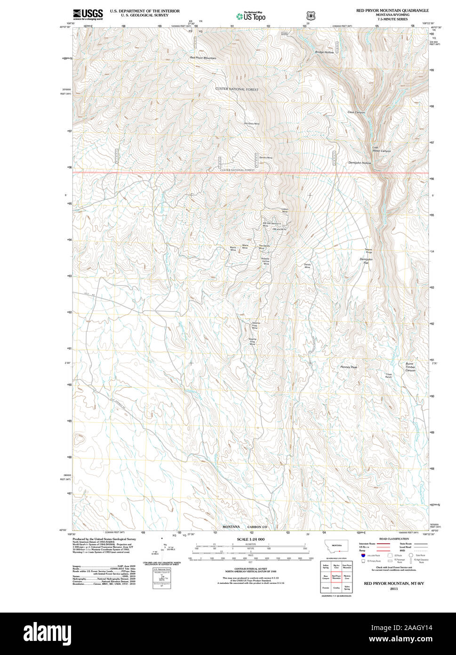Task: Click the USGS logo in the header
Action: click(88, 15)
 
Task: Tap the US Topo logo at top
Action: click(251, 16)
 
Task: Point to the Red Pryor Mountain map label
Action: click(203, 58)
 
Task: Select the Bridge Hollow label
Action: click(324, 52)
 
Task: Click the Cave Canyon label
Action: click(356, 112)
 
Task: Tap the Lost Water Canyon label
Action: click(381, 149)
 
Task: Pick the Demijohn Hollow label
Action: click(359, 163)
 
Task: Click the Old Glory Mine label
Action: click(251, 123)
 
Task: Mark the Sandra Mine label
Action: click(265, 157)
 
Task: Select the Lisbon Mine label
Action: click(285, 210)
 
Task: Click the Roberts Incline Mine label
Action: click(266, 261)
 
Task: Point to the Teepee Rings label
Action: click(368, 251)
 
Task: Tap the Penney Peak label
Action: click(349, 367)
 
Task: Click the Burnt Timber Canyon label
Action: click(410, 367)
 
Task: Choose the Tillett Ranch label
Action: click(388, 376)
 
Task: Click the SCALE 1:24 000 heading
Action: click(250, 539)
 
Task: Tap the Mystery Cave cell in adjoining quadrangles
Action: click(347, 576)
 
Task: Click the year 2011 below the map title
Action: click(393, 589)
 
